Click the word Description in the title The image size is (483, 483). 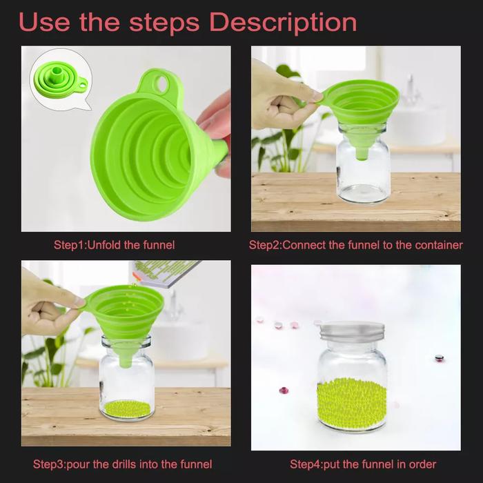[x=283, y=23]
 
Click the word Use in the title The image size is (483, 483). [x=44, y=22]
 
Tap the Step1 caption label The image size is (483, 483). [x=70, y=245]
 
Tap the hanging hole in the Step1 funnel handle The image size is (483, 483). [x=161, y=83]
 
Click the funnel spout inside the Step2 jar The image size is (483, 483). [x=362, y=153]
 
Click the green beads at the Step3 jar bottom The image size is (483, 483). [x=127, y=408]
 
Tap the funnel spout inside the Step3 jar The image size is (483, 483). [x=126, y=361]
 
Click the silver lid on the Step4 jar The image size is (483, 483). [x=351, y=331]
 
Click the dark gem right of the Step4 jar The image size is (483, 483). [x=439, y=358]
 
